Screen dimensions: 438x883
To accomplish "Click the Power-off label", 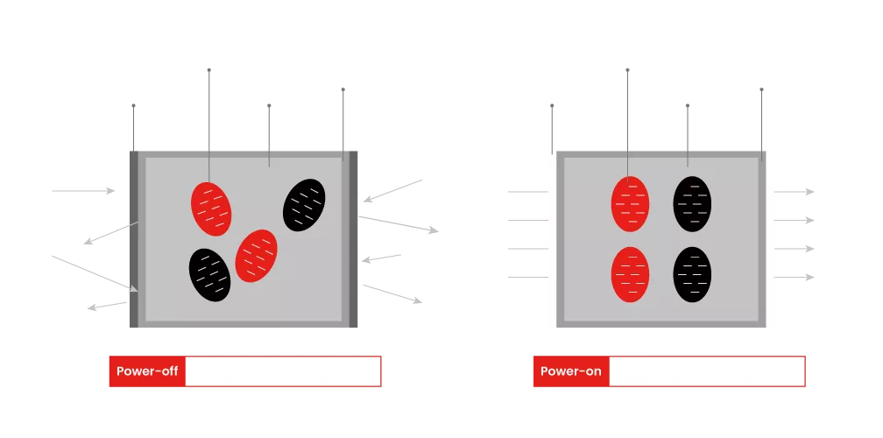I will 147,371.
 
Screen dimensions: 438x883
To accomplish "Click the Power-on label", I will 571,371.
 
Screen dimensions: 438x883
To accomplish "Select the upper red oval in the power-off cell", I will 211,208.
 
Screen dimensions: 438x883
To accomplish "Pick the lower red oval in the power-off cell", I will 256,256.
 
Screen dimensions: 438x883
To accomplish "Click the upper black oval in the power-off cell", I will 304,205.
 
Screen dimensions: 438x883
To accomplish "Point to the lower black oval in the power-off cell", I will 209,275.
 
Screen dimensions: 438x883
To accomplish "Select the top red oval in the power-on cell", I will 630,204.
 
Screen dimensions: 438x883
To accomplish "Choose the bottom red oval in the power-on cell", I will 630,274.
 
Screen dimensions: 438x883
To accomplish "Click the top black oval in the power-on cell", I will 692,204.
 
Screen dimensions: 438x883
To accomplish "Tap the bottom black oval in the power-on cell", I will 692,274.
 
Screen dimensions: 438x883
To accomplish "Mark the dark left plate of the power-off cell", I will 132,238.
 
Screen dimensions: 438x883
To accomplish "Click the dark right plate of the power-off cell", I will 357,238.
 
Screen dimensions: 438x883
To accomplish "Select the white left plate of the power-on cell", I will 552,238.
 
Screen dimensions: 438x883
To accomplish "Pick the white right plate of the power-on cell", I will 771,238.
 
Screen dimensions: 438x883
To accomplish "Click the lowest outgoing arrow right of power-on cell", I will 798,278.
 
